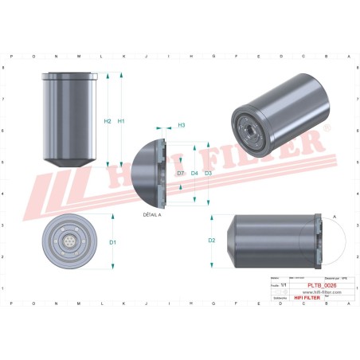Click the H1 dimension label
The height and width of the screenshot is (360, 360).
tap(121, 121)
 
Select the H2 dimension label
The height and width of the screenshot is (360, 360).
tap(108, 121)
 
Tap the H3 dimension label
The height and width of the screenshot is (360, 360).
tap(181, 125)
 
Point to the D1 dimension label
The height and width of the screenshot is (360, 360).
tap(113, 241)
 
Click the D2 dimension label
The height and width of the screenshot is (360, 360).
tap(212, 240)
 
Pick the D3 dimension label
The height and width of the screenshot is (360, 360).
tap(209, 172)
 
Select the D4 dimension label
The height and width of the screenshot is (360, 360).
tap(194, 172)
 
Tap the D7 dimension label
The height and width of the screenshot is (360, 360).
tap(181, 172)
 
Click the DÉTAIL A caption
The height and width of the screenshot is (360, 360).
tap(151, 215)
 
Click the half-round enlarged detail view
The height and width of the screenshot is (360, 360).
tap(147, 172)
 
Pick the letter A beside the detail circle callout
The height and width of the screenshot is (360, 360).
tap(334, 217)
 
